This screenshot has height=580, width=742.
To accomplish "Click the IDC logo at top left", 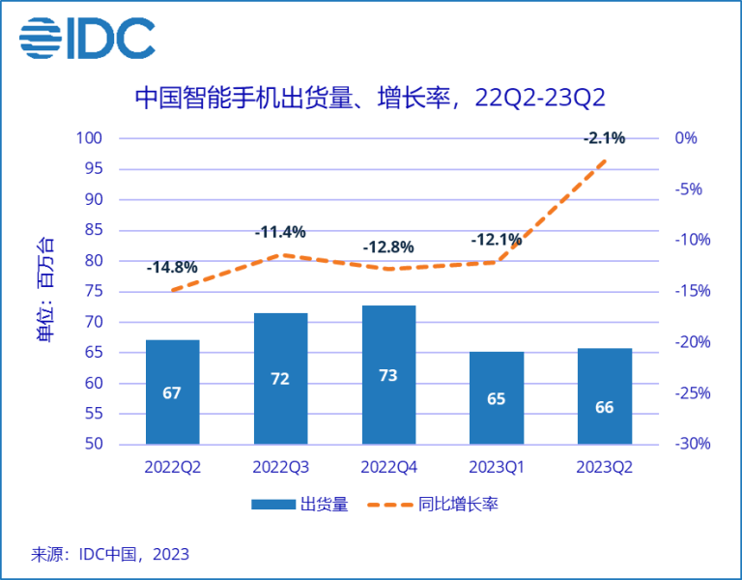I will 86,39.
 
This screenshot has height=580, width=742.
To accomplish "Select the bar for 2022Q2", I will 172,392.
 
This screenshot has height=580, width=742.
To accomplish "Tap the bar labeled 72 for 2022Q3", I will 280,379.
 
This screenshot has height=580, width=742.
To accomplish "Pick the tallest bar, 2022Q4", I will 388,375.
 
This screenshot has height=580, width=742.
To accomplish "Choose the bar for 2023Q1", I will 497,398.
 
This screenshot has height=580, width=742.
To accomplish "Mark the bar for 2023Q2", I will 605,396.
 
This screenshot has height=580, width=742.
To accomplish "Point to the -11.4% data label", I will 280,232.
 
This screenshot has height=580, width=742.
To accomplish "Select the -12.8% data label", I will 388,246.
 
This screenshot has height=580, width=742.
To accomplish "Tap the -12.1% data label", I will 497,240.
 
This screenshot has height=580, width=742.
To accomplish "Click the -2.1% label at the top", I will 605,138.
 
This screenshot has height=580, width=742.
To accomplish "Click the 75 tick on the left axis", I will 93,292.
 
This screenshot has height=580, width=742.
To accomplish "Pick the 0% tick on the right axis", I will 686,138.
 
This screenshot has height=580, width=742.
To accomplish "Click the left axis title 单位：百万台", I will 45,290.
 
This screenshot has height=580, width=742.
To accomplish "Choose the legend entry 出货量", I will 299,505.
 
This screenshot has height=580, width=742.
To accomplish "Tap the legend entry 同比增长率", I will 443,505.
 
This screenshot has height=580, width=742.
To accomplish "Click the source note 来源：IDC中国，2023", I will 110,555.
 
